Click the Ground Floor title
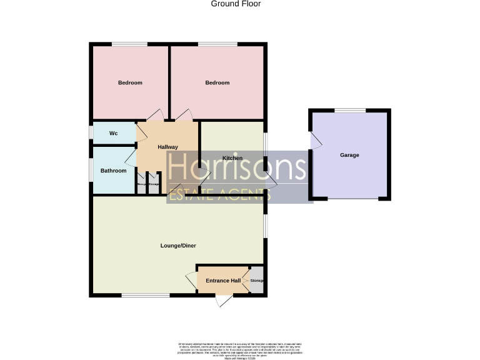click(x=236, y=4)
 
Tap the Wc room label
click(x=114, y=133)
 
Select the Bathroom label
click(x=114, y=171)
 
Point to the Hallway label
click(x=168, y=147)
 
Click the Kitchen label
click(x=232, y=158)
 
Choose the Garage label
click(x=349, y=155)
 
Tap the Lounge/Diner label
click(x=179, y=246)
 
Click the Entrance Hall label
click(x=223, y=281)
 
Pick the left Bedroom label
click(x=130, y=82)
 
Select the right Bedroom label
click(x=217, y=82)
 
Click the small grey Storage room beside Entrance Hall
click(x=257, y=281)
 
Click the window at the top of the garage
click(x=350, y=111)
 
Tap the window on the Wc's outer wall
click(x=91, y=132)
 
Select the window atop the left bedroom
click(x=130, y=44)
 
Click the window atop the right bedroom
click(x=217, y=44)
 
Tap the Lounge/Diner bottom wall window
click(x=139, y=294)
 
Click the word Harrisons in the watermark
click(x=237, y=167)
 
